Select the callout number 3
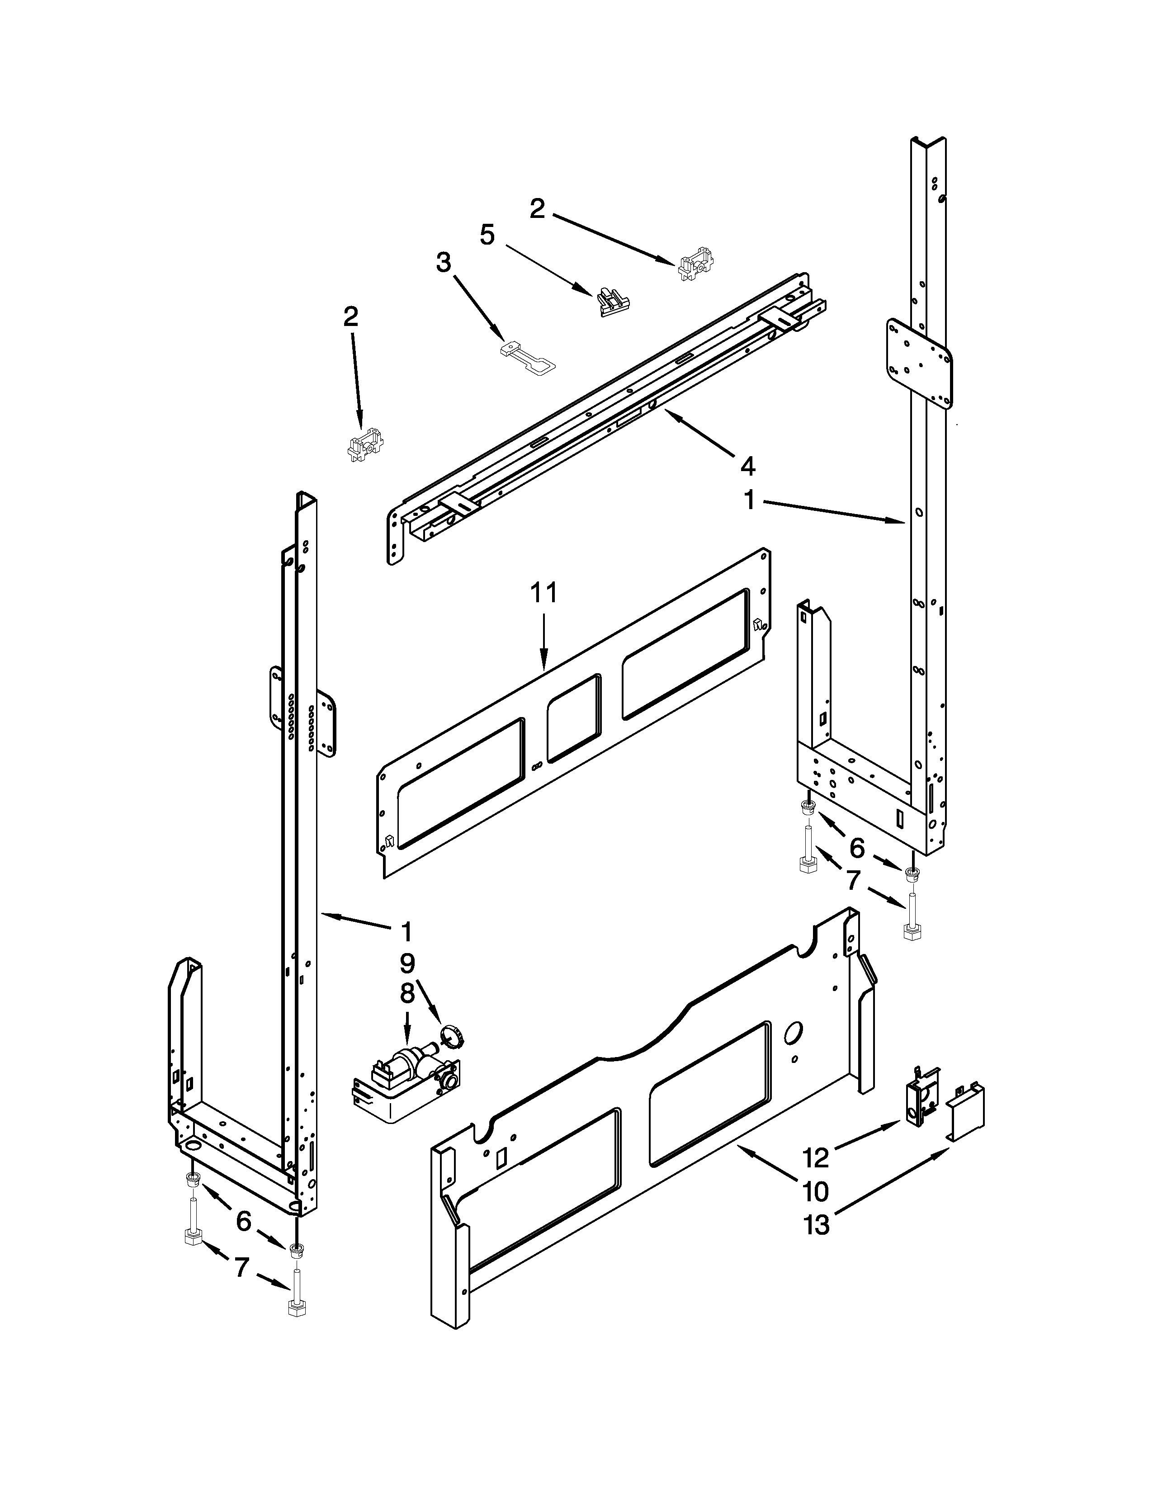click(x=444, y=262)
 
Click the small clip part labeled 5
click(x=612, y=302)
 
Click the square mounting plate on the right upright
click(x=919, y=364)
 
